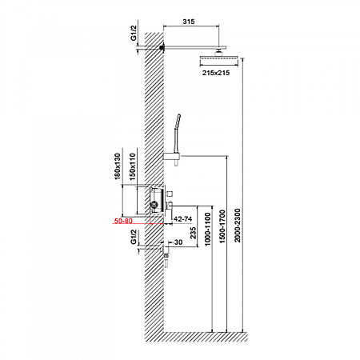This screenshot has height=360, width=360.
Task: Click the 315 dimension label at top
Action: [189, 22]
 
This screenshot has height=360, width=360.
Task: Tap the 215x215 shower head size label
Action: [216, 73]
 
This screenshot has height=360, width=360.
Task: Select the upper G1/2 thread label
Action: [134, 33]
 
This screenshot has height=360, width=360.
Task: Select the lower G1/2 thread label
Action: [134, 237]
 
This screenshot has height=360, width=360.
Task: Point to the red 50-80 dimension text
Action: [123, 221]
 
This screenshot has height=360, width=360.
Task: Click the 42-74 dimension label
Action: [183, 219]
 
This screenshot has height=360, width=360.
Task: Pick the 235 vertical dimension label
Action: [193, 233]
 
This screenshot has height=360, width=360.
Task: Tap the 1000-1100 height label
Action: [207, 229]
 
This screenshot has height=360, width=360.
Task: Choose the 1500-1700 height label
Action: [222, 226]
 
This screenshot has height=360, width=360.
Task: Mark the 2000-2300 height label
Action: [238, 226]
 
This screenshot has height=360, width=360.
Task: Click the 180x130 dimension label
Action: [118, 166]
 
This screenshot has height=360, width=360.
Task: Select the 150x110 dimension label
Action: [133, 167]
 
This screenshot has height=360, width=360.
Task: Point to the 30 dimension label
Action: [178, 242]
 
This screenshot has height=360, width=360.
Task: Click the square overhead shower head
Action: [218, 60]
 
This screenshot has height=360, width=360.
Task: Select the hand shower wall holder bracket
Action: [172, 157]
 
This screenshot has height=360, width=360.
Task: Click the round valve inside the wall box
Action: [154, 205]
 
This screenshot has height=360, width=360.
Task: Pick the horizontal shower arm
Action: [195, 48]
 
